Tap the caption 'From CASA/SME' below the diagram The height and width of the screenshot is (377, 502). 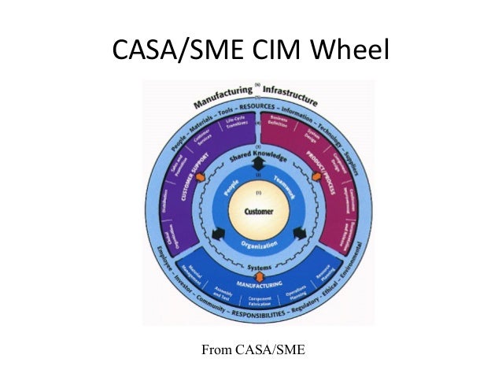252,347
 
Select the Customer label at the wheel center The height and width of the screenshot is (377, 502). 258,213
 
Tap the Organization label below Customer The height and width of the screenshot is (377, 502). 258,245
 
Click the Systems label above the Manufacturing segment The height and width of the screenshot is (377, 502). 259,267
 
